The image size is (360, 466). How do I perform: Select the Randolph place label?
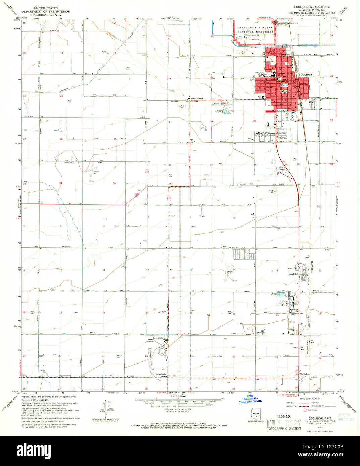tap(293, 274)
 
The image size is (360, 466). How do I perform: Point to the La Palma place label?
tap(305, 374)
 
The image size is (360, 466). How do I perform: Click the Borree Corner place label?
tap(197, 99)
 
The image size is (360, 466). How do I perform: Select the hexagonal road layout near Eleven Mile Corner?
tap(162, 352)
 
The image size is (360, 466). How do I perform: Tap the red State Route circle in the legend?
tap(305, 410)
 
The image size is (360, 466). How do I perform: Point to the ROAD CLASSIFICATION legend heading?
tap(309, 399)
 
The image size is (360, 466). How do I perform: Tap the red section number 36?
tap(114, 183)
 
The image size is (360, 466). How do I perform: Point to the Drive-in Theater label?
tap(282, 168)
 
